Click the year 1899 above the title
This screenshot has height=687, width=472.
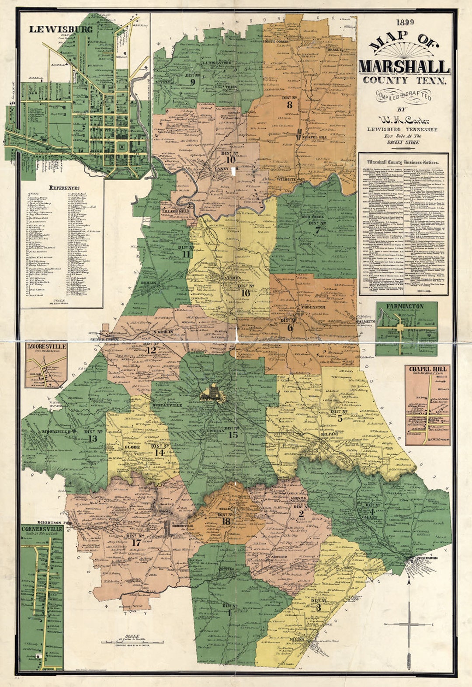pyautogui.click(x=404, y=22)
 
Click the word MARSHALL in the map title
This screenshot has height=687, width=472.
pyautogui.click(x=404, y=67)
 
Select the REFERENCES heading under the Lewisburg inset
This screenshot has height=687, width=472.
pyautogui.click(x=64, y=188)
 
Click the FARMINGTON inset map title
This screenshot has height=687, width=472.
pyautogui.click(x=404, y=306)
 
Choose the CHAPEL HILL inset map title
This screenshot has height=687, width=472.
pyautogui.click(x=427, y=369)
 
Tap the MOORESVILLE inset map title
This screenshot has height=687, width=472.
pyautogui.click(x=47, y=346)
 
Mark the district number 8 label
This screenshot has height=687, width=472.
pyautogui.click(x=289, y=105)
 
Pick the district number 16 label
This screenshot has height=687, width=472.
pyautogui.click(x=246, y=293)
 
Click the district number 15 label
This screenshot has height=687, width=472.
pyautogui.click(x=233, y=434)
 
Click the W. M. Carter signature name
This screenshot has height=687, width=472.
pyautogui.click(x=404, y=120)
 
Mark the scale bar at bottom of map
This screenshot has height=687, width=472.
pyautogui.click(x=132, y=642)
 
